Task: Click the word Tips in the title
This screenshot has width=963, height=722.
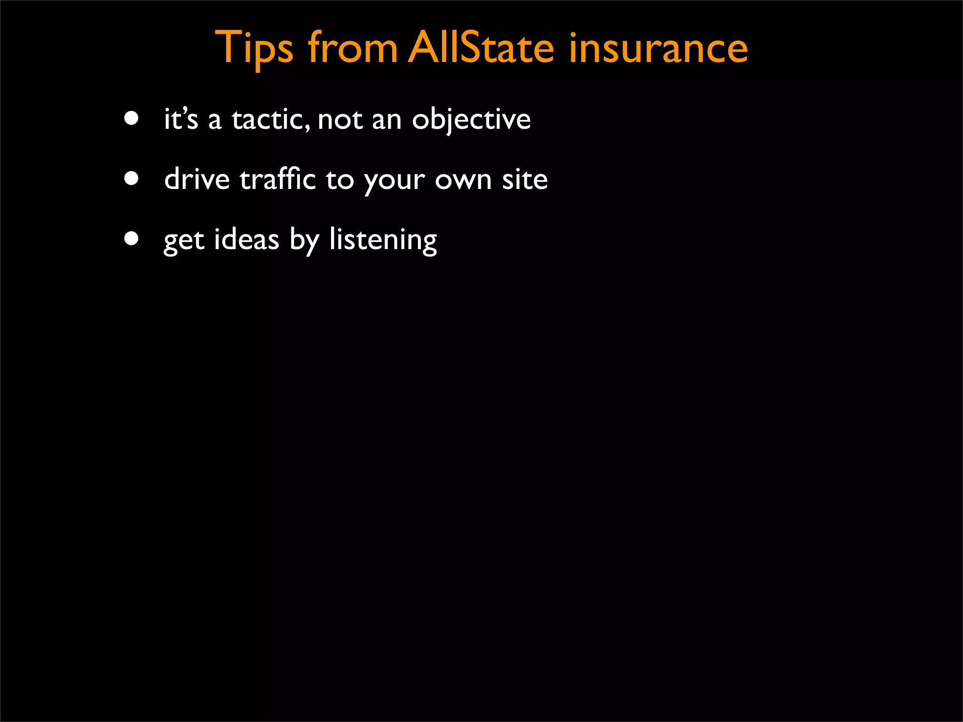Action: (253, 48)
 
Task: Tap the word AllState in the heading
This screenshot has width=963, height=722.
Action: (481, 48)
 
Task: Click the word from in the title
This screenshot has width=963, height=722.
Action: (352, 48)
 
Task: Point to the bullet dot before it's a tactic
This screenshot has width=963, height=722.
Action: (132, 118)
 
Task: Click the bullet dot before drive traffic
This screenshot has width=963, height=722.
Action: (132, 179)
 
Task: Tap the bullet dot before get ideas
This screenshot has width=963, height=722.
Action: (132, 238)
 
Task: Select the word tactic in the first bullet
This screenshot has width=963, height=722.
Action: (270, 119)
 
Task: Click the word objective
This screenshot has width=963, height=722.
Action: (471, 119)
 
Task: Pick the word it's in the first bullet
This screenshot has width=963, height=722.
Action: (181, 119)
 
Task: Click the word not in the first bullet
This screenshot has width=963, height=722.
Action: (340, 119)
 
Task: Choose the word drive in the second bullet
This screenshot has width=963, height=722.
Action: (197, 180)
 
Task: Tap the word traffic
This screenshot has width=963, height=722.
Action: (277, 180)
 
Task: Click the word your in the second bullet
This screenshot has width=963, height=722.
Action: (394, 181)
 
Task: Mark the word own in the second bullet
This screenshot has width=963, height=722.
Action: (463, 180)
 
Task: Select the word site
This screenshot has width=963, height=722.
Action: (524, 180)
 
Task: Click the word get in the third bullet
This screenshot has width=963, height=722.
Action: (184, 241)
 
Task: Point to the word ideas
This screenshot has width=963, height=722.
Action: (246, 239)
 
